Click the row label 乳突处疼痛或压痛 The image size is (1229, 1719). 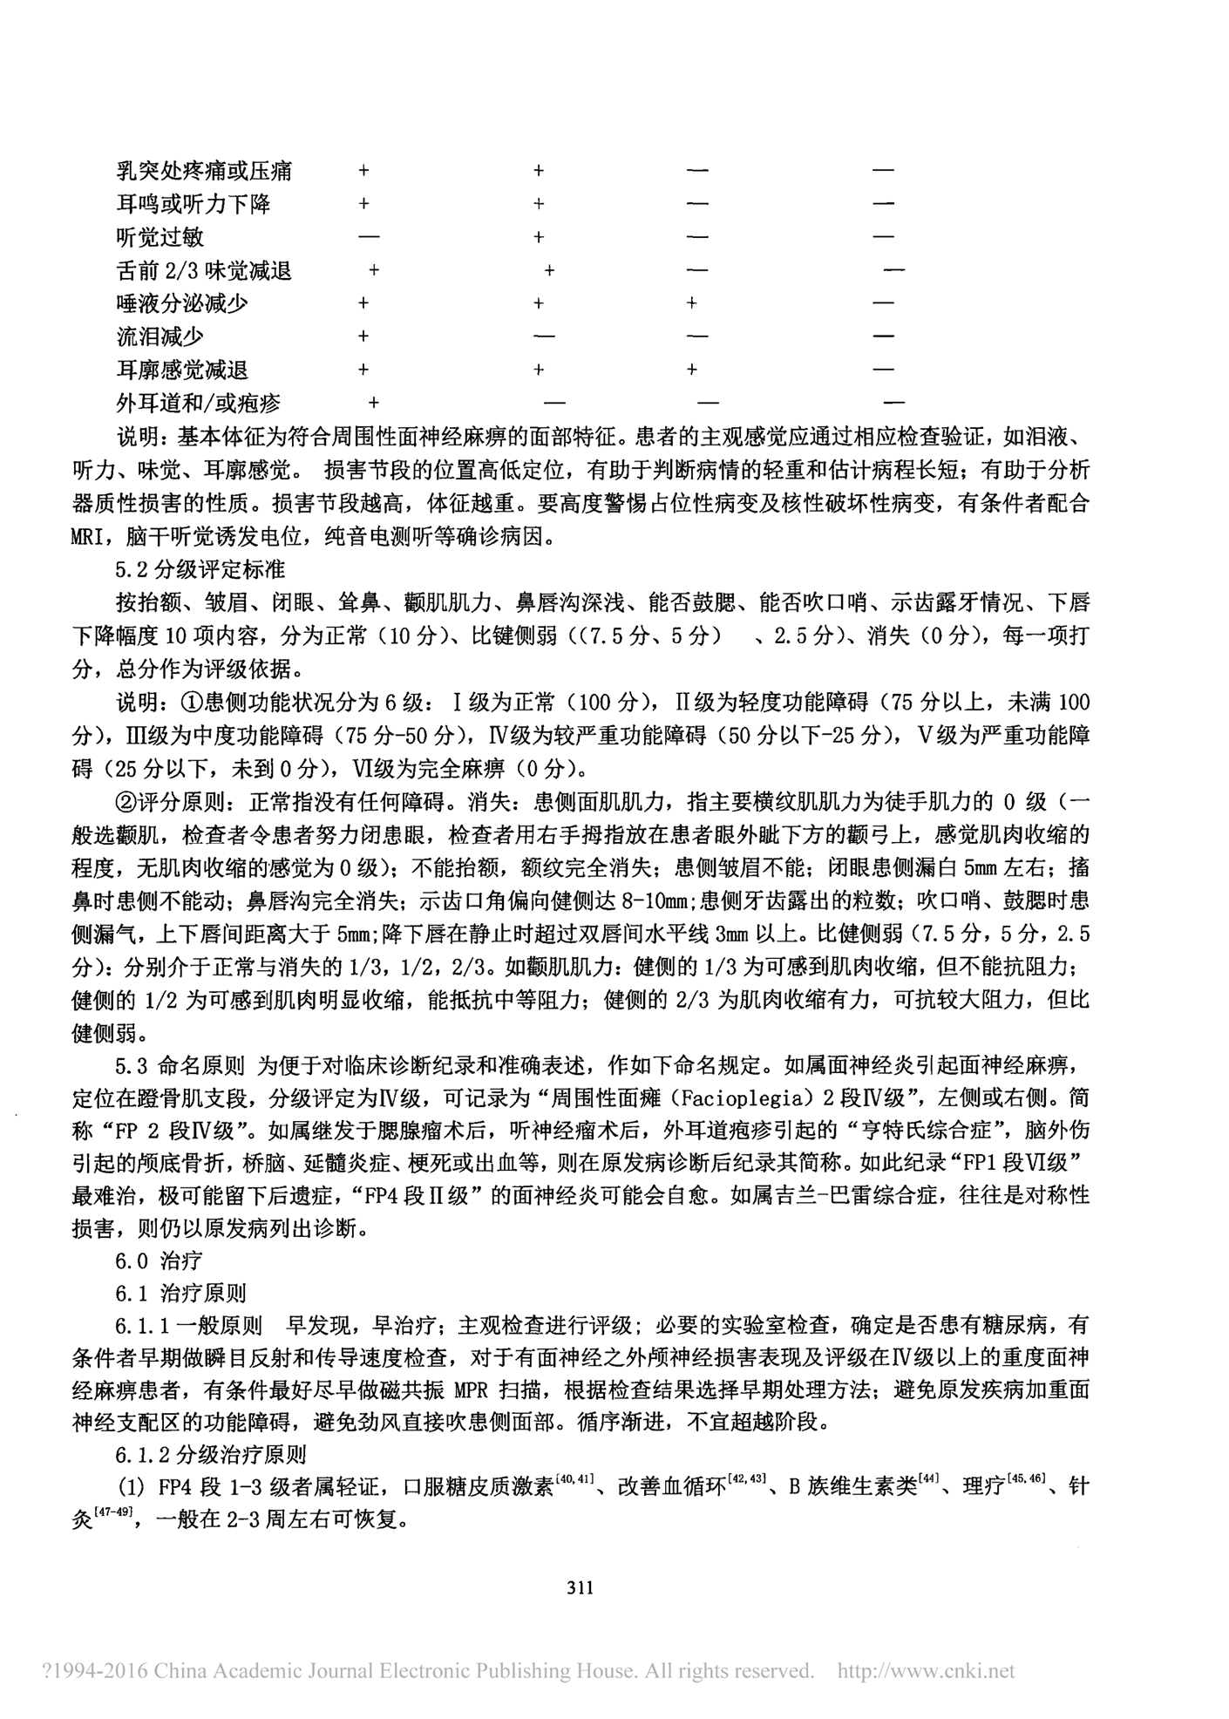pos(204,171)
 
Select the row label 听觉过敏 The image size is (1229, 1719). pos(160,237)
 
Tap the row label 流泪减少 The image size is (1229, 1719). pos(160,336)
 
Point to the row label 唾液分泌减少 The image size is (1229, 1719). pos(182,303)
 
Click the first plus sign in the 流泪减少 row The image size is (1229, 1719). pos(363,336)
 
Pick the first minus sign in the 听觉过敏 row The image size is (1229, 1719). pos(369,237)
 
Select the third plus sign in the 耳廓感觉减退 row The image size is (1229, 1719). pos(691,370)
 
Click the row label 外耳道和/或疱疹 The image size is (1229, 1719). pos(199,403)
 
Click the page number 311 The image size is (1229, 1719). pos(581,1587)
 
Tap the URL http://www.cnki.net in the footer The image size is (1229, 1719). pos(926,1671)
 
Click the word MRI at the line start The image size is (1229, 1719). pos(91,538)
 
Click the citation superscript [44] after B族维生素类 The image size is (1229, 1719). pos(926,1479)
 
